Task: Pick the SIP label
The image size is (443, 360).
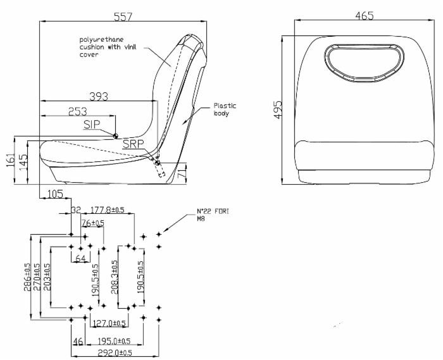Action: pos(92,125)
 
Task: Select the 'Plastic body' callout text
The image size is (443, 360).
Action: pos(224,110)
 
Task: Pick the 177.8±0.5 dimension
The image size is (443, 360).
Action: pos(107,209)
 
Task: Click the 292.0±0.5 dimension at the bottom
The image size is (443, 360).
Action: pos(114,352)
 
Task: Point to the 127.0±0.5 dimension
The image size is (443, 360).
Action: pos(109,323)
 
